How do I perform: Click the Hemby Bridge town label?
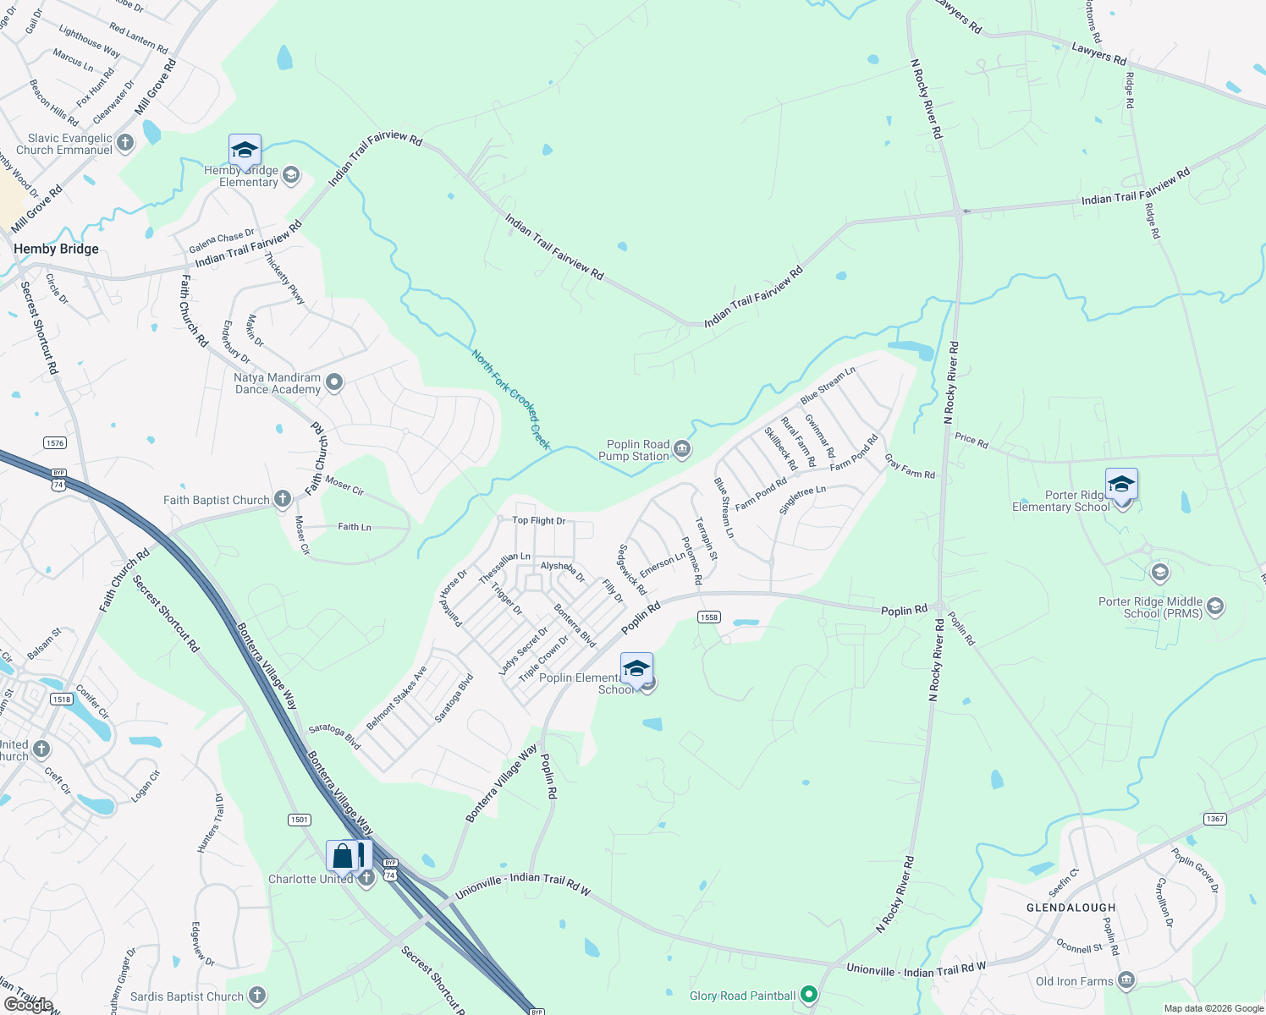[x=56, y=249]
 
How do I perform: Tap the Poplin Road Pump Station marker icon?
[x=682, y=449]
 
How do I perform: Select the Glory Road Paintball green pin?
[x=809, y=995]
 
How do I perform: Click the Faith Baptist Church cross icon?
[x=283, y=499]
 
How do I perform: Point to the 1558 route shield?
[x=709, y=617]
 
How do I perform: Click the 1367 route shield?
[x=1215, y=819]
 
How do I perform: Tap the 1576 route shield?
[x=54, y=443]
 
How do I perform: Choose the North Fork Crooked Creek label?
[x=511, y=399]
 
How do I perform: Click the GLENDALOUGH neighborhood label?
[x=1071, y=908]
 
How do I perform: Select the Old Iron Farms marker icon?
[x=1126, y=980]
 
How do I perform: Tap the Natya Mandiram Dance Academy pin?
[x=334, y=382]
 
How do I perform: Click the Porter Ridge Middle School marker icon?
[x=1215, y=606]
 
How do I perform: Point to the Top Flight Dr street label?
[x=538, y=520]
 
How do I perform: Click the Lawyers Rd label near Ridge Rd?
[x=1098, y=53]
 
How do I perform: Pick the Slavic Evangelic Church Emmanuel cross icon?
[x=125, y=143]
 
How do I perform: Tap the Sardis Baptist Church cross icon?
[x=257, y=996]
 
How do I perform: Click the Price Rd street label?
[x=971, y=440]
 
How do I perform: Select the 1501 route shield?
[x=300, y=820]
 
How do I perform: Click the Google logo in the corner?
[x=28, y=1004]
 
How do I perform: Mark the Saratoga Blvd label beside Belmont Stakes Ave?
[x=454, y=698]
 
